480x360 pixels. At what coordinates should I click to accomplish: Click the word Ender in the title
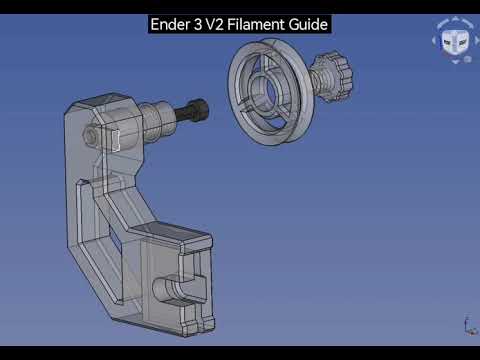pos(170,24)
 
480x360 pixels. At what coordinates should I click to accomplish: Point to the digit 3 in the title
pos(198,24)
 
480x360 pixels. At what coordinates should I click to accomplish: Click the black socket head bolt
pos(192,110)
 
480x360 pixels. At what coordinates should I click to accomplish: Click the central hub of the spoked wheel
pos(263,89)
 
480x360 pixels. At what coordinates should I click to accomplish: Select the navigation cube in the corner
pos(456,41)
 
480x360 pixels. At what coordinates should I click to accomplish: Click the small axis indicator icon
pos(470,326)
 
